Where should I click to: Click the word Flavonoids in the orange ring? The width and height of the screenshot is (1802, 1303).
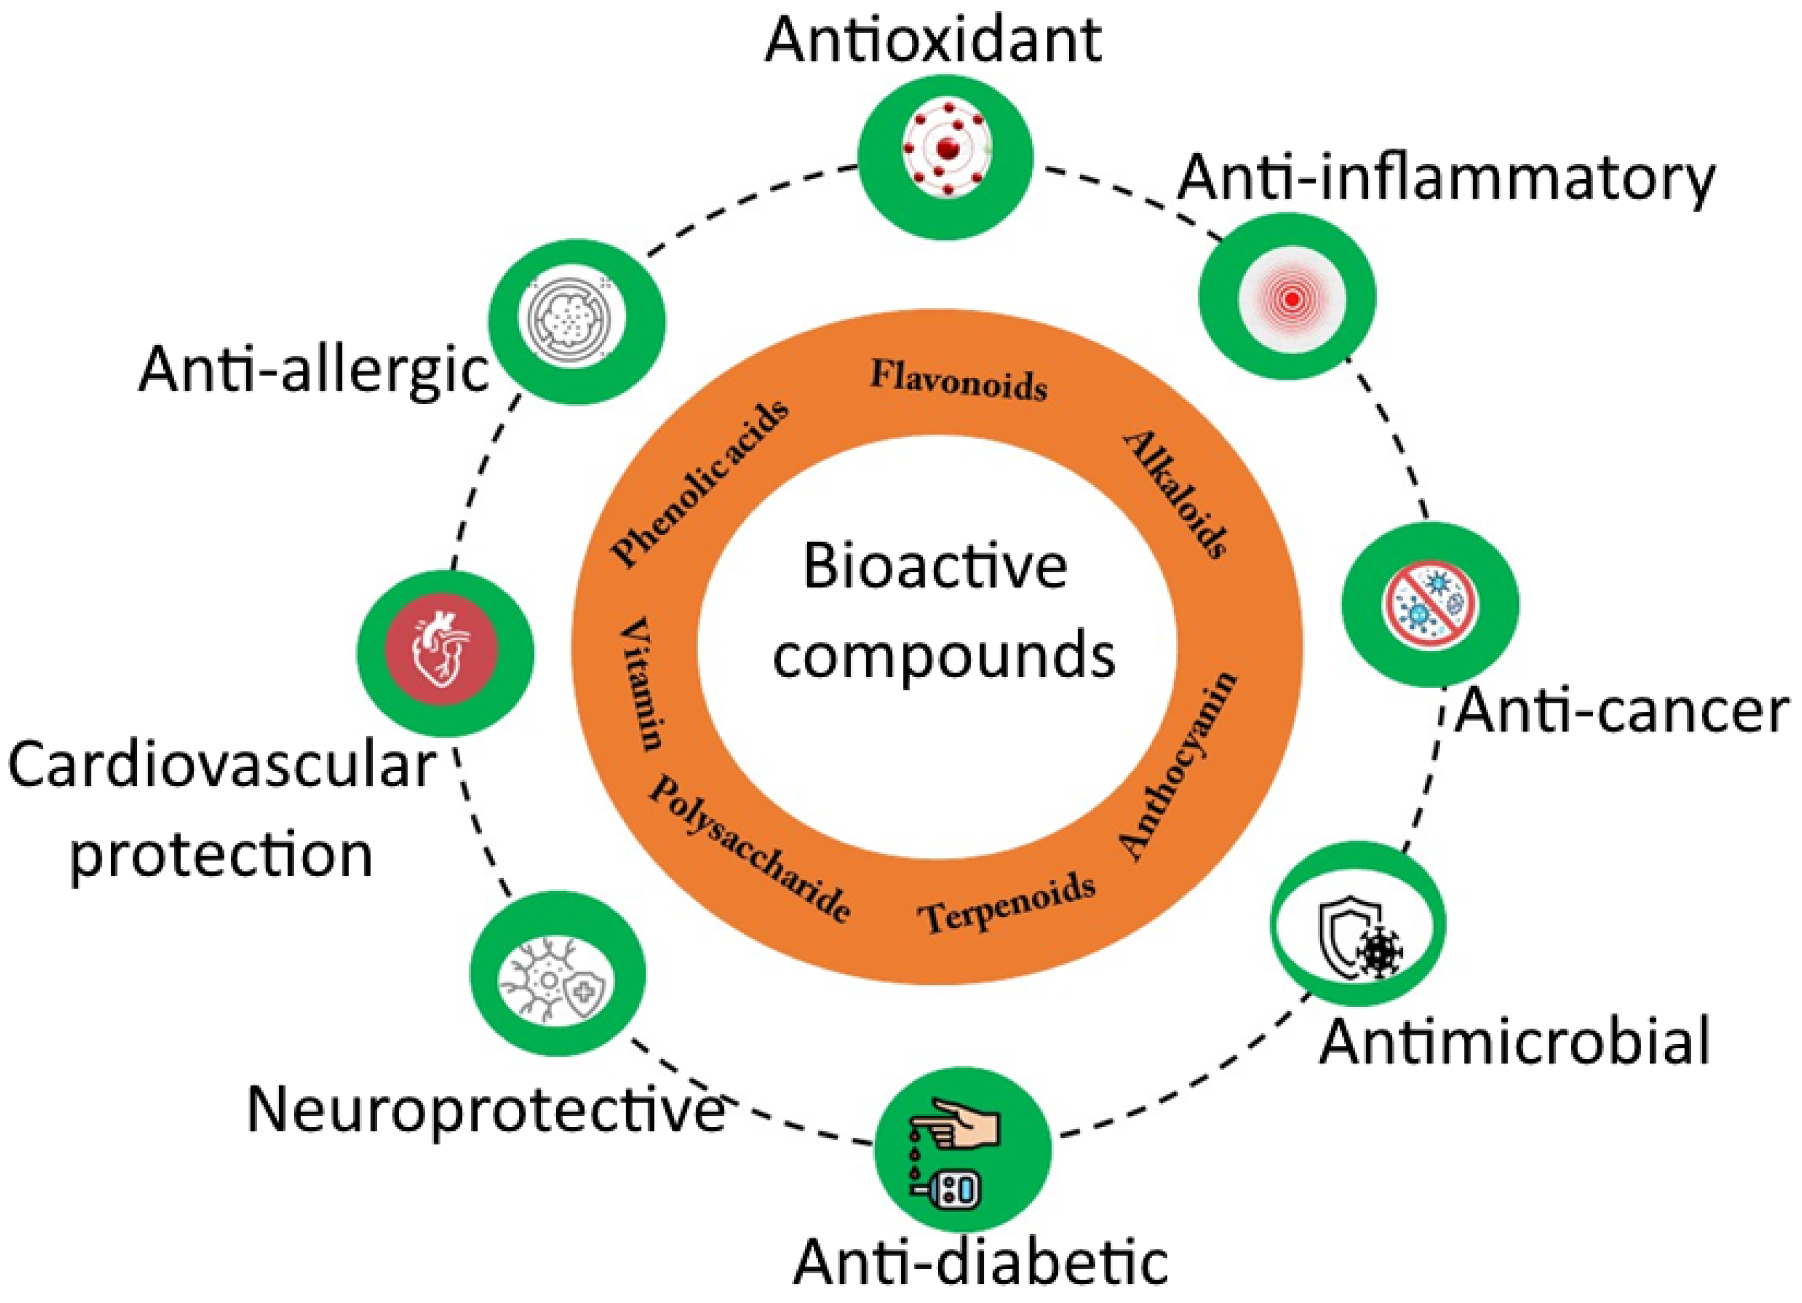point(958,380)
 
